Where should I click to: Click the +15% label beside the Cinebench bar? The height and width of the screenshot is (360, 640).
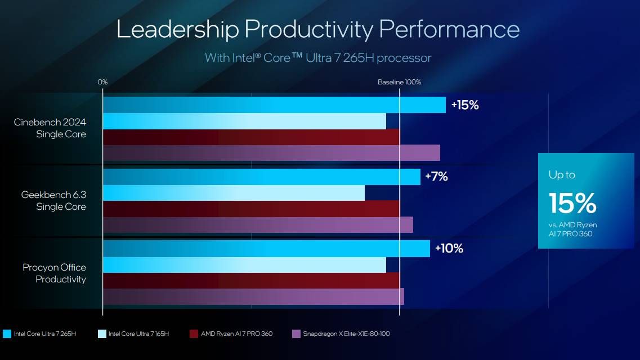[x=464, y=105]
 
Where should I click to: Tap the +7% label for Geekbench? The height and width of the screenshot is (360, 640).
[x=436, y=177]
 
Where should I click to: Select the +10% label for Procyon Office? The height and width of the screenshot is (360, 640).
[x=449, y=249]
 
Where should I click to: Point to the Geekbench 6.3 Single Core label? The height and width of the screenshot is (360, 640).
[x=53, y=201]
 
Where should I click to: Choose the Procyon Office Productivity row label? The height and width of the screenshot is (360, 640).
[x=54, y=273]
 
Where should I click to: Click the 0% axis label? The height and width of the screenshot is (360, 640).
[x=102, y=82]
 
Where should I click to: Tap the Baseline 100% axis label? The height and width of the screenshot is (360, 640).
[x=399, y=82]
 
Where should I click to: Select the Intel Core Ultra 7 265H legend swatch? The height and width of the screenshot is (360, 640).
[x=7, y=334]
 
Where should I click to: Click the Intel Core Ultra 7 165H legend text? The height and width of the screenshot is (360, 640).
[x=138, y=334]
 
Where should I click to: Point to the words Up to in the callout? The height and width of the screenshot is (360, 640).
[x=562, y=175]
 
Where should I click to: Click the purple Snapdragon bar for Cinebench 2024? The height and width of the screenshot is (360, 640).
[x=271, y=153]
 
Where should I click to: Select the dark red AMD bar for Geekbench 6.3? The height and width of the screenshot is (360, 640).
[x=250, y=209]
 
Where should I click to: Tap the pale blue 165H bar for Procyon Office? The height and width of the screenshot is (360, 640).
[x=244, y=265]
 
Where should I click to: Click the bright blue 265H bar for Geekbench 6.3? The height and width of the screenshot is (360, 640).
[x=261, y=177]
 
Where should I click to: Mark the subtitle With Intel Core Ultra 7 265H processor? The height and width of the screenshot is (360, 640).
[x=318, y=57]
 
